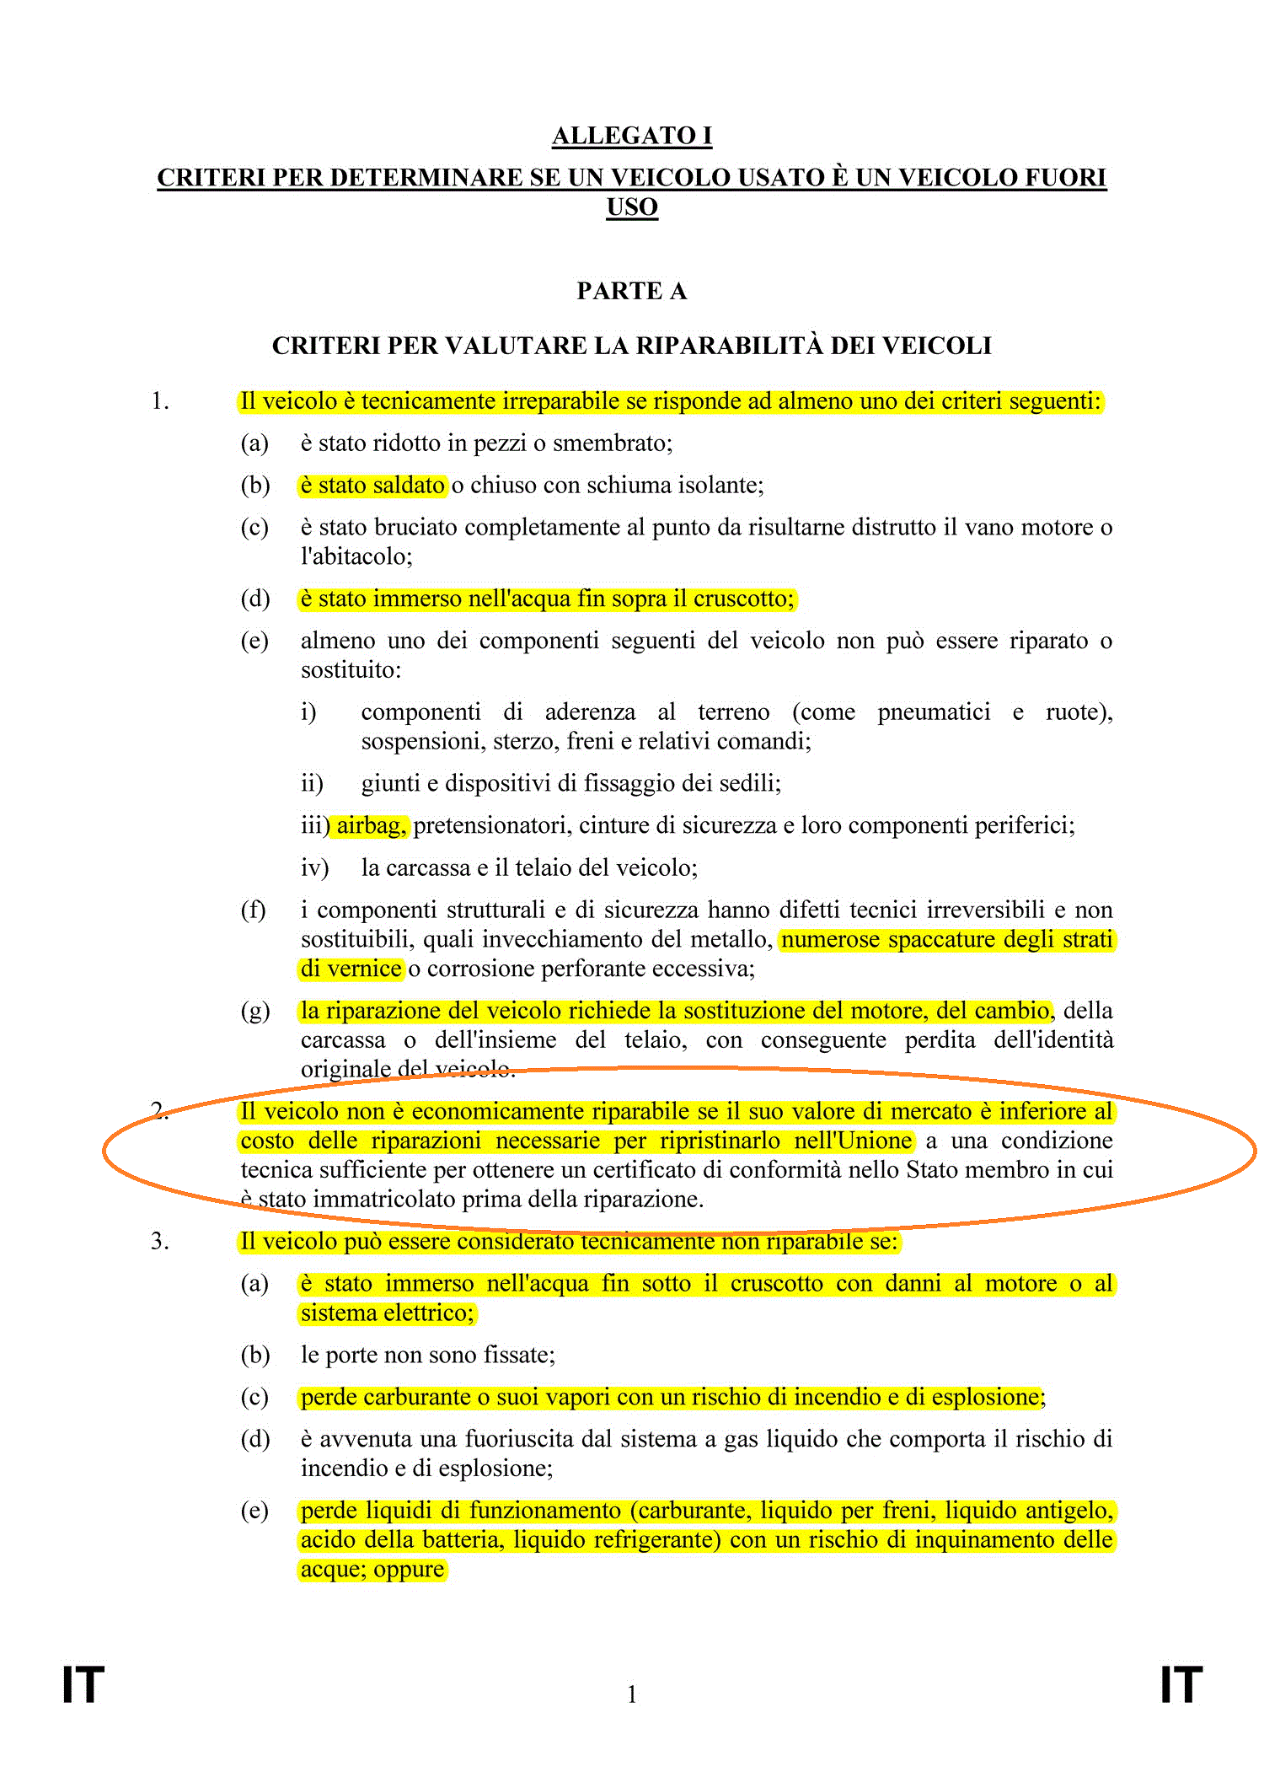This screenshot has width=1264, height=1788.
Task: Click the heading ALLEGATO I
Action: point(632,136)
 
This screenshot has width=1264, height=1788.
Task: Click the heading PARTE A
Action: point(632,291)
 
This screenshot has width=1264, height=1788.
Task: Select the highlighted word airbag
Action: point(372,825)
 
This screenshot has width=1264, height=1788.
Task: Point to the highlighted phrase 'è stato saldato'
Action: point(372,486)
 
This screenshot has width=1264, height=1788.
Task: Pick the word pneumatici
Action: point(934,712)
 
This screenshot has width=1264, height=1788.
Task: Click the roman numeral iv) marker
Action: point(314,867)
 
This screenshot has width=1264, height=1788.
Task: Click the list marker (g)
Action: point(254,1011)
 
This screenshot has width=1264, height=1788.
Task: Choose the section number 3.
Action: point(160,1242)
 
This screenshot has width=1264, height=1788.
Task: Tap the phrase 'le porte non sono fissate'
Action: point(427,1355)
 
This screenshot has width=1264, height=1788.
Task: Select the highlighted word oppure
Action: point(409,1570)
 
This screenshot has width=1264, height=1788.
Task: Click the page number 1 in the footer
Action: point(632,1694)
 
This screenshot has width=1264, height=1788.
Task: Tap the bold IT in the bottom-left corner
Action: point(83,1685)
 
